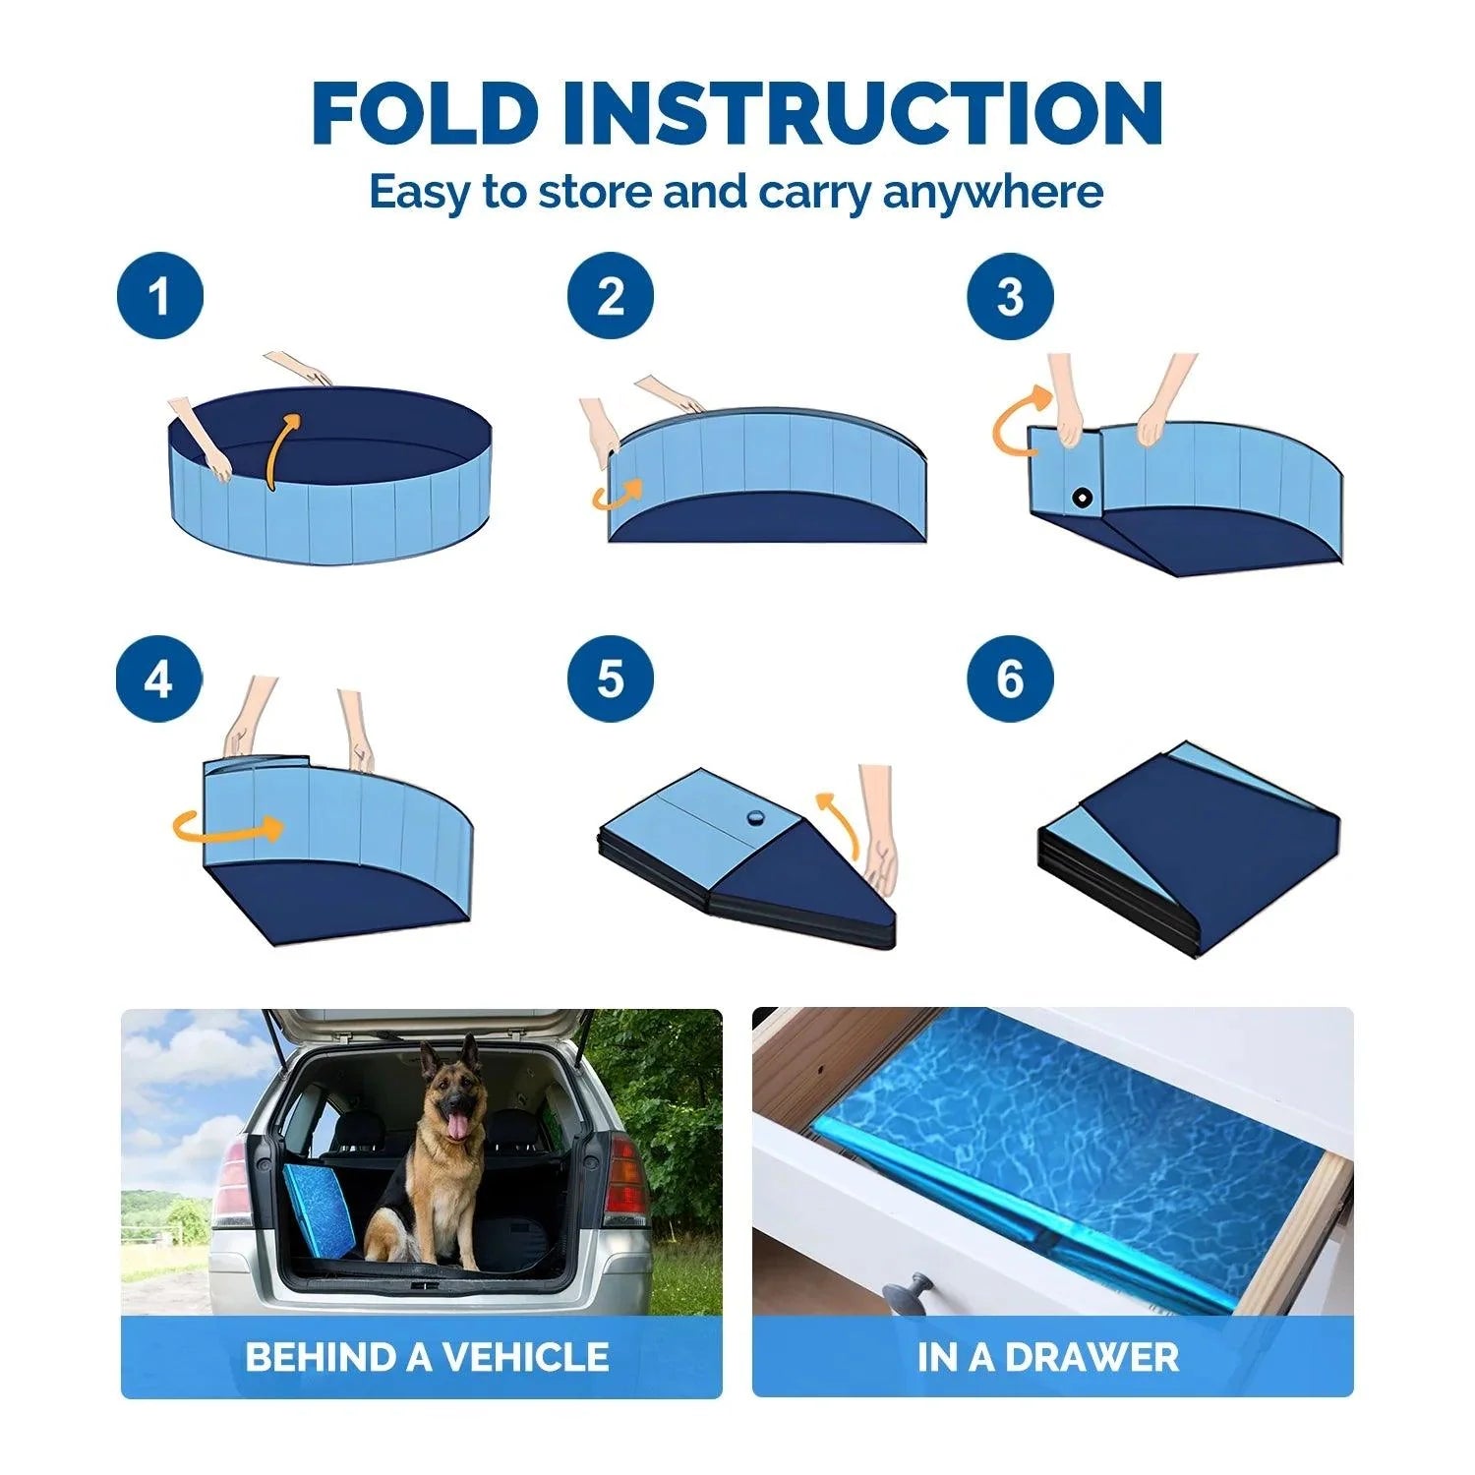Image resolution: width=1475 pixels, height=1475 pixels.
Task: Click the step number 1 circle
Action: pos(159,296)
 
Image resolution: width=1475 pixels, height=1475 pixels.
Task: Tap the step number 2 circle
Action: pos(610,296)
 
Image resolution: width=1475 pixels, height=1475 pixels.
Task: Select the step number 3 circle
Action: pos(1010,296)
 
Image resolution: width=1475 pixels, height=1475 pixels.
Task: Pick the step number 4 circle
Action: pos(158,678)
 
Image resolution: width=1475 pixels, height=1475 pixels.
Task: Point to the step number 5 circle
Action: pos(610,678)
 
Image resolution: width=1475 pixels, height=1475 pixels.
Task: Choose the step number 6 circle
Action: pos(1010,678)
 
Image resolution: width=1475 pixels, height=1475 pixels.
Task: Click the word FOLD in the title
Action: pos(426,114)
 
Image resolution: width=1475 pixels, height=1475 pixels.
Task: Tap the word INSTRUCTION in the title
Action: pos(863,114)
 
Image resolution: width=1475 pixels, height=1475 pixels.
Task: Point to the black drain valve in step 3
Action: pos(1083,498)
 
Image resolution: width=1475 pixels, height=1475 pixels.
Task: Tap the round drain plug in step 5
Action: pos(755,817)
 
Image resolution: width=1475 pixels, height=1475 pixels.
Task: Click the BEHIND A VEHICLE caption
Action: pos(427,1357)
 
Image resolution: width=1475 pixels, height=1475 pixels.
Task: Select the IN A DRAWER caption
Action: pos(1048,1357)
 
